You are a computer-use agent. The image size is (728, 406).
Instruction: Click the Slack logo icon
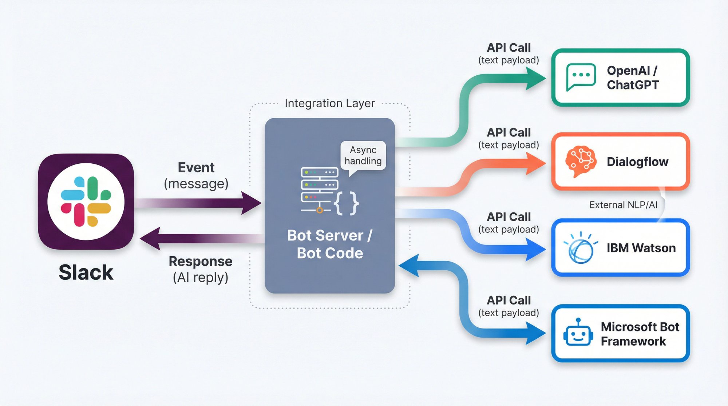pos(86,202)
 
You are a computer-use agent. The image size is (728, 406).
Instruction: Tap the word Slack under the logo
pos(86,272)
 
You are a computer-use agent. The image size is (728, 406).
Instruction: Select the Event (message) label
pos(196,175)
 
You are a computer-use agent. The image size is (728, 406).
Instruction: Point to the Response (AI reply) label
pos(200,269)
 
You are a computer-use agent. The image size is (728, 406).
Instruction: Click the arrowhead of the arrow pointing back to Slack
pos(150,239)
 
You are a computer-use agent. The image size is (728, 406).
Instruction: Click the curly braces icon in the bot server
pos(346,203)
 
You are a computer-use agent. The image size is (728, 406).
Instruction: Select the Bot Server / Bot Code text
pos(330,244)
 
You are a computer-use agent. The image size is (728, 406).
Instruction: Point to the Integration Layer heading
pos(329,103)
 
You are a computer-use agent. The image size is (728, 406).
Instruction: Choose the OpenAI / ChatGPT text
pos(633,77)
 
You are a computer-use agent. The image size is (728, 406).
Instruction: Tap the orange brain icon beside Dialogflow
pos(581,161)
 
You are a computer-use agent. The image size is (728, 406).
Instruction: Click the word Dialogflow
pos(637,162)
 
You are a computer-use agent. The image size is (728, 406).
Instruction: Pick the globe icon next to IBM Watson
pos(580,249)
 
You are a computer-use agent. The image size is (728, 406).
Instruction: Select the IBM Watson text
pos(641,248)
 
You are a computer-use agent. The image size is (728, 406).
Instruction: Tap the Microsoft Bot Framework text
pos(640,334)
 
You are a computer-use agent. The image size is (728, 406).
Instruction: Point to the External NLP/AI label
pos(623,205)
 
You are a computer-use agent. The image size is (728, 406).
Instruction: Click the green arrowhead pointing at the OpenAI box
pos(536,78)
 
